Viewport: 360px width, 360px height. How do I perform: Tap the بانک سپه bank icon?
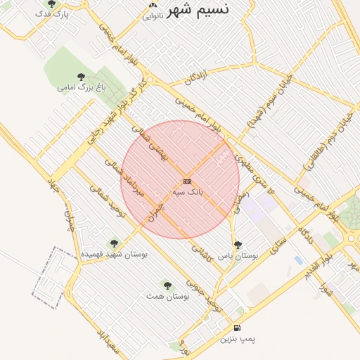[x=187, y=181]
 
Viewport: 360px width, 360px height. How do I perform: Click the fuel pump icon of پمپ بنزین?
[x=237, y=328]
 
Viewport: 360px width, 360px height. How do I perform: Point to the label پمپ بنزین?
[x=238, y=339]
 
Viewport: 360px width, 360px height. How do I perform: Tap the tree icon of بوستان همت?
[x=167, y=285]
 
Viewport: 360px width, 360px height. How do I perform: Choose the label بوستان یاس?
[x=238, y=256]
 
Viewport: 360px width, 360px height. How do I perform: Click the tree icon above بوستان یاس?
[x=238, y=245]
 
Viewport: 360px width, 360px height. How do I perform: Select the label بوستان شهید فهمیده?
[x=114, y=254]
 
